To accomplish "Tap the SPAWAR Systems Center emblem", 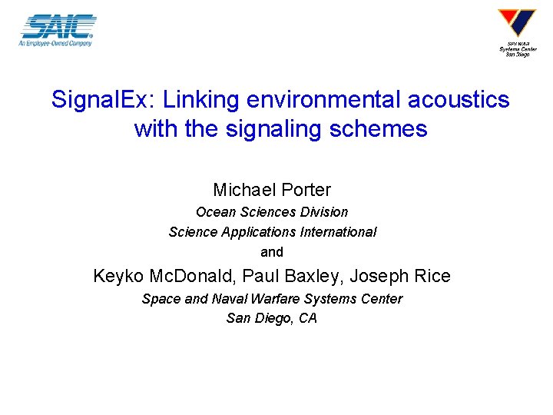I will pos(517,24).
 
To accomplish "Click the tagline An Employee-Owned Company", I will pos(55,43).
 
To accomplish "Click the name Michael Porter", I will pos(272,189).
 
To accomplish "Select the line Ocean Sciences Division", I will pos(272,211).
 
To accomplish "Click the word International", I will pos(339,231).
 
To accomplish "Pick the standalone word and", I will pos(272,251).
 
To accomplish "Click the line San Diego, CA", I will pos(272,317).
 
